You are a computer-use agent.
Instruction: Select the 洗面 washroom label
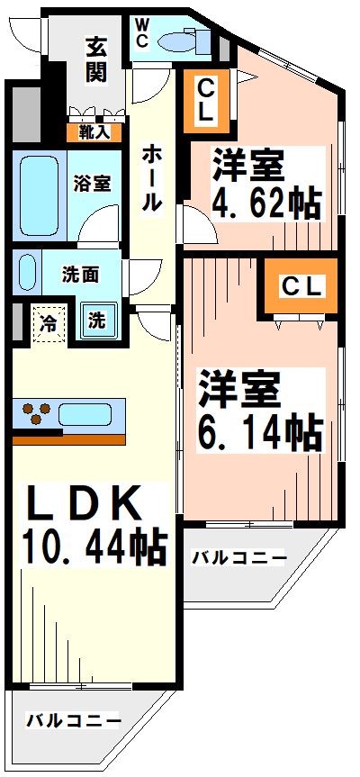[x=80, y=271]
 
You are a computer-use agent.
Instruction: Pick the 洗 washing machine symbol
[x=95, y=320]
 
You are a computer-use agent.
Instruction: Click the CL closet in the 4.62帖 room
[x=207, y=100]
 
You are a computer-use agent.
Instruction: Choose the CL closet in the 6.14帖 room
[x=301, y=286]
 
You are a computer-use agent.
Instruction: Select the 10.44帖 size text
[x=93, y=546]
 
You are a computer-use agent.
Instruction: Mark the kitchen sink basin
[x=85, y=415]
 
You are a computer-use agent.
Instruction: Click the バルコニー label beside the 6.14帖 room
[x=239, y=558]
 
